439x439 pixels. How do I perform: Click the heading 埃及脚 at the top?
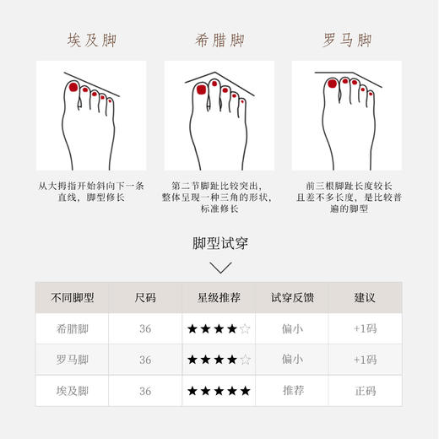90,41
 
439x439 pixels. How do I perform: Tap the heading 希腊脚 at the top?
219,41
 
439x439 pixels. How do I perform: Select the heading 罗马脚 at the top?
347,41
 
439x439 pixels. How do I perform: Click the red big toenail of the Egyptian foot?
73,88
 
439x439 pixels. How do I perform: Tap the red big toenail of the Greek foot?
202,89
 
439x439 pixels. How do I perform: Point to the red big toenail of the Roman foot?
332,84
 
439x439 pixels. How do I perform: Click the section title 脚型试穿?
219,244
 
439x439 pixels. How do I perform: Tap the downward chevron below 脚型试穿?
219,268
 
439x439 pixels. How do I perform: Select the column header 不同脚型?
72,298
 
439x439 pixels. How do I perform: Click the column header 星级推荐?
219,298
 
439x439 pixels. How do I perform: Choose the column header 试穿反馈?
292,298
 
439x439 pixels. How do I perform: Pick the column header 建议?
365,298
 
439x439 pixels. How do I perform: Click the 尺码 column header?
145,298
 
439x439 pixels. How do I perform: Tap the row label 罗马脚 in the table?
72,360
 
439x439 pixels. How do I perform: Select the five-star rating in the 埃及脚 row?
219,391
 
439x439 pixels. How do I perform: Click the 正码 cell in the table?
365,391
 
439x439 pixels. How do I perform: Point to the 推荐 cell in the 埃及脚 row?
292,391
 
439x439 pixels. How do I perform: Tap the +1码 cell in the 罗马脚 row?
365,360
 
